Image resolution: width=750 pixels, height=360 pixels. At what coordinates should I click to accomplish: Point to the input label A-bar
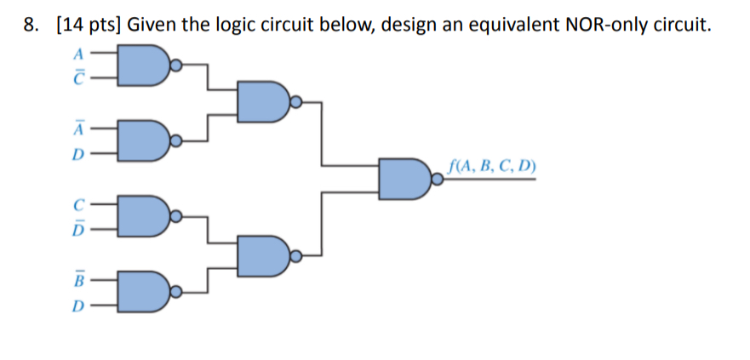(79, 129)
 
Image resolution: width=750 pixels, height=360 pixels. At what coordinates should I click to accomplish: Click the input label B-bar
(79, 279)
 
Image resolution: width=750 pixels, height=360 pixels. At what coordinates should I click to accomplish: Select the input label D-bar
(79, 229)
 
